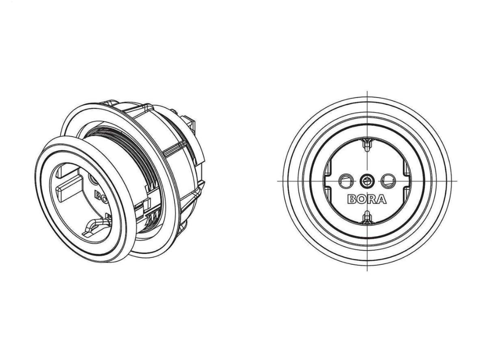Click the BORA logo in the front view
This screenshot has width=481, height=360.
tap(367, 199)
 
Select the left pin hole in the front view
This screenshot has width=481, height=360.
tap(345, 181)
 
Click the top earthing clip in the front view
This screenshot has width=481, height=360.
tap(367, 144)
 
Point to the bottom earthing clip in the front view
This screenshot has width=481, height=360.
tap(367, 217)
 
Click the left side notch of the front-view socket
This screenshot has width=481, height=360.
tap(327, 181)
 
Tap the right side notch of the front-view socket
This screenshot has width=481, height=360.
tap(407, 181)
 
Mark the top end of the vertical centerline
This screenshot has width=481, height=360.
tap(367, 91)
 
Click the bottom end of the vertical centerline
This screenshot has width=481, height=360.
tap(367, 271)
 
